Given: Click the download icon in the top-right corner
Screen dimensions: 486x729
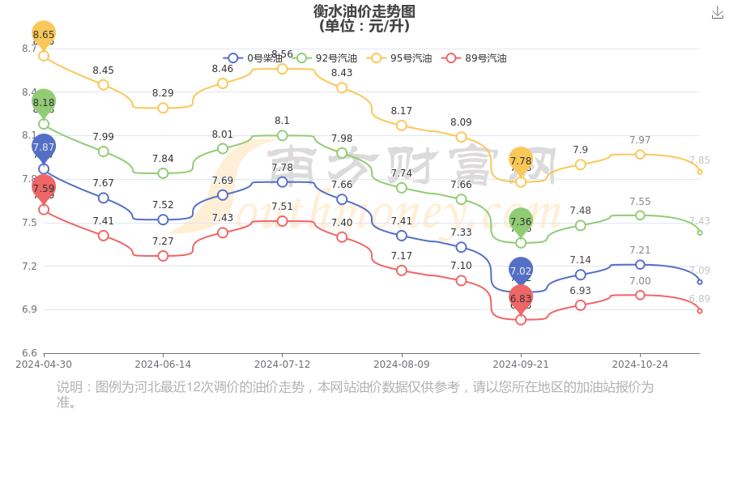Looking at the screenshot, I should click(717, 13).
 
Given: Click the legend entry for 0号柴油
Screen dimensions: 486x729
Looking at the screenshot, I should click(254, 58).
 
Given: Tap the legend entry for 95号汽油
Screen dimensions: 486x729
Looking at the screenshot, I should click(400, 58).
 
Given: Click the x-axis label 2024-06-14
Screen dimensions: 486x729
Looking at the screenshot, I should click(163, 364).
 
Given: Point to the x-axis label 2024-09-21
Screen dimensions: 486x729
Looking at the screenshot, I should click(521, 364).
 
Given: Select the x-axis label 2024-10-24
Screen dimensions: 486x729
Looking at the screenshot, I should click(640, 364).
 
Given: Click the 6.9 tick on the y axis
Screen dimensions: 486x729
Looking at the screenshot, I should click(29, 309).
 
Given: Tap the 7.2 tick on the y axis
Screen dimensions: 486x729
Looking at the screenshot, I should click(29, 266).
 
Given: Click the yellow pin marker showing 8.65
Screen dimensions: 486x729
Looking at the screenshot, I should click(44, 34).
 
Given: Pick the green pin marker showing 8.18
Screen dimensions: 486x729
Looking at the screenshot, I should click(44, 103).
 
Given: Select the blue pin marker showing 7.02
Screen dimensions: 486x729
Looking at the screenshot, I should click(521, 271).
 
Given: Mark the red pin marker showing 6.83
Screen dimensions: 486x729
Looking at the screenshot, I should click(521, 298).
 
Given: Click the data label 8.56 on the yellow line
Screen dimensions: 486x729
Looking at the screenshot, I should click(282, 54).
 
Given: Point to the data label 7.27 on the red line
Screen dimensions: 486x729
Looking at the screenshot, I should click(163, 241).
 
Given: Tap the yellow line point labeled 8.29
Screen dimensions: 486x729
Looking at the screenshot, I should click(163, 108).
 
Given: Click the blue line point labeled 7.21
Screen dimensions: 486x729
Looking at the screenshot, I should click(640, 265).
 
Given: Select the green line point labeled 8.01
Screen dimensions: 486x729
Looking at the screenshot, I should click(223, 148).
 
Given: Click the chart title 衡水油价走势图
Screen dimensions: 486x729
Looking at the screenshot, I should click(364, 11).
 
